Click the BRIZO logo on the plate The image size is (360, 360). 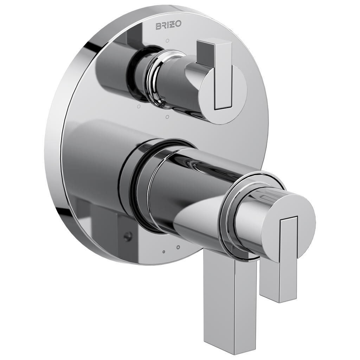click(x=169, y=25)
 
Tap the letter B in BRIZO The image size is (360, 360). click(x=159, y=26)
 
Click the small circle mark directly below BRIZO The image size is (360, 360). click(x=168, y=41)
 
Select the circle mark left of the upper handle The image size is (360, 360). click(x=139, y=106)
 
